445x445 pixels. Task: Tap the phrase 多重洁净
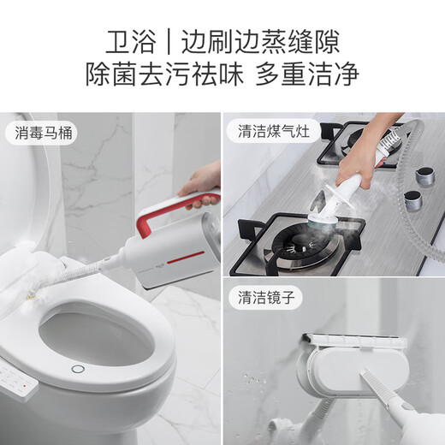coord(307,74)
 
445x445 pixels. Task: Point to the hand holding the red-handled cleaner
coord(201,184)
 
